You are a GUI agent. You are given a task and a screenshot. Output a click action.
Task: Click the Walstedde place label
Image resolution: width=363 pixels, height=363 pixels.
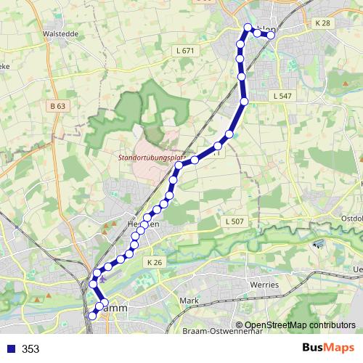point(60,33)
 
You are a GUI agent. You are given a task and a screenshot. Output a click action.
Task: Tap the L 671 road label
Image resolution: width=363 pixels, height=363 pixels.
point(186,51)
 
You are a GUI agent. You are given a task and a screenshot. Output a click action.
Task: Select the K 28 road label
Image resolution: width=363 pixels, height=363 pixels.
point(322,23)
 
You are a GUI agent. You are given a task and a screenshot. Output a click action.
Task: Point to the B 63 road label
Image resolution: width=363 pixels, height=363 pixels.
point(57,106)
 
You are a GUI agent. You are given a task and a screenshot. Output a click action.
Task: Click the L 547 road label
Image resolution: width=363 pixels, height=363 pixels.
point(282,96)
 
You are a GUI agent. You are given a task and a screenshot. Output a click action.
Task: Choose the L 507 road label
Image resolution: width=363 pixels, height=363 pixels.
point(234,221)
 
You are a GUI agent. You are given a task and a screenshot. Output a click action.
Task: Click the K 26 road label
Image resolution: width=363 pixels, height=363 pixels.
point(153,262)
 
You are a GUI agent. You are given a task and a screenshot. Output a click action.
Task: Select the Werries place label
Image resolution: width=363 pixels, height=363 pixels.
point(264,285)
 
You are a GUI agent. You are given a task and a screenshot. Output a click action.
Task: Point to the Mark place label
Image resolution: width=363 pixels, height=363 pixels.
point(189,300)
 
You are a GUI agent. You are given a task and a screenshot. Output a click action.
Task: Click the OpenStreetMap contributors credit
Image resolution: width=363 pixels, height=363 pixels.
point(295,325)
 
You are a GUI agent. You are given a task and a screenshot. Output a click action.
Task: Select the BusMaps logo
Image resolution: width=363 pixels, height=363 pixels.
point(329,348)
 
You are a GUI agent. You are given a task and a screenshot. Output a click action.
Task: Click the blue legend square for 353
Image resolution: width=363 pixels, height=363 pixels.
point(10,349)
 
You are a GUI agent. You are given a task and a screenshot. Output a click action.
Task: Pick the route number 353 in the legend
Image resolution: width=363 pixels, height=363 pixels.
point(30,349)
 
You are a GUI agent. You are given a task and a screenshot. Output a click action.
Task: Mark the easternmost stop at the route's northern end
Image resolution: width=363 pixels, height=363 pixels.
point(271,35)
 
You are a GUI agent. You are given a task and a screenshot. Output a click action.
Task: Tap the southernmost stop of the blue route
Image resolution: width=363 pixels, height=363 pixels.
point(92,316)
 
